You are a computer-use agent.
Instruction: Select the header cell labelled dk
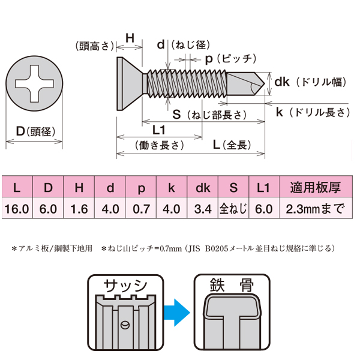tap(202, 188)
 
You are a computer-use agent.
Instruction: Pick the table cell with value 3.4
tap(202, 209)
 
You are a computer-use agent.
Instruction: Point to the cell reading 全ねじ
tap(233, 209)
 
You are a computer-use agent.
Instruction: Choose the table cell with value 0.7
tap(140, 209)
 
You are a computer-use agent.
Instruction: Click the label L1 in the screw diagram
tap(159, 130)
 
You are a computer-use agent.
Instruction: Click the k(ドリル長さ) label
tap(312, 112)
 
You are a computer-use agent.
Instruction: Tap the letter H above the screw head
tap(129, 38)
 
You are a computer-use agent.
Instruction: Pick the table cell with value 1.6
tap(79, 209)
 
